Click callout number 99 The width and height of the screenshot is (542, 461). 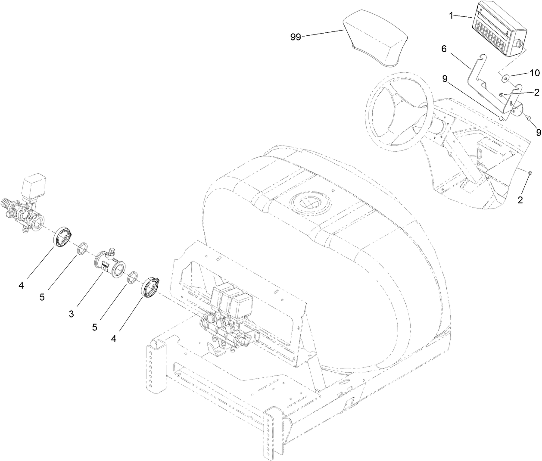point(295,37)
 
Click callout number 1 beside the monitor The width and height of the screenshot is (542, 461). point(451,16)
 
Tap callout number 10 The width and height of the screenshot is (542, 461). point(534,73)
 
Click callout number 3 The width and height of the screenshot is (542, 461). point(71,314)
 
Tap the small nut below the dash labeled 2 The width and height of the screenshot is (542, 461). point(530,173)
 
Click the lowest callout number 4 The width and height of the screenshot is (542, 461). point(114,339)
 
